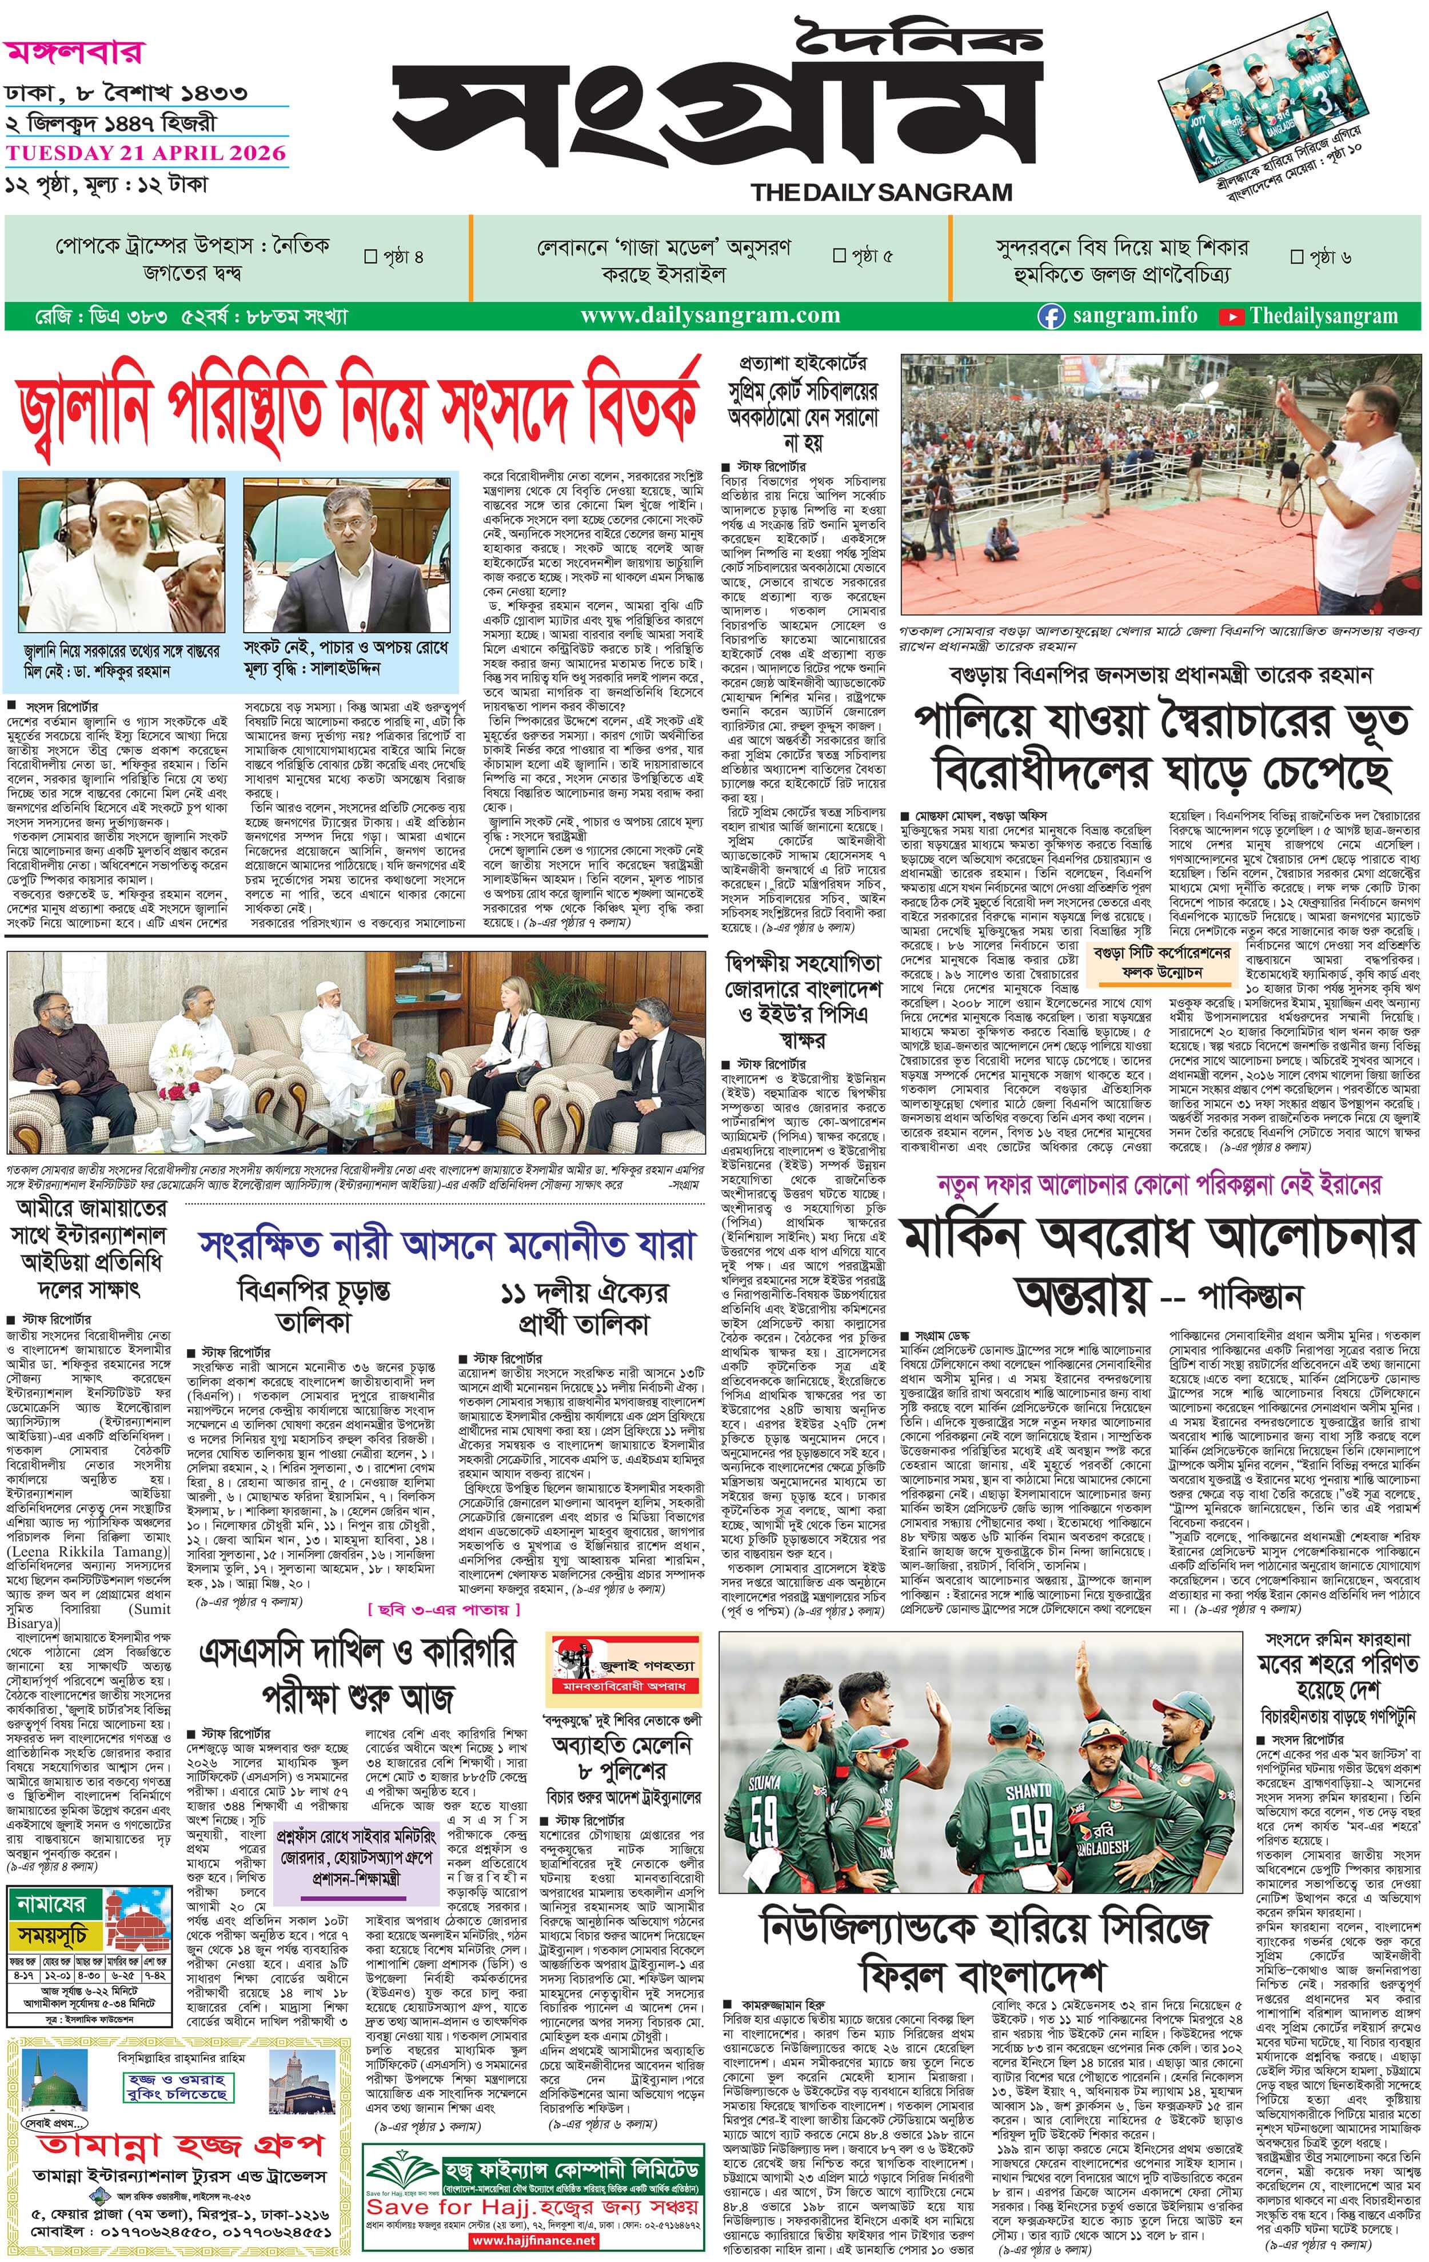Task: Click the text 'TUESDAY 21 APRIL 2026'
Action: coord(146,153)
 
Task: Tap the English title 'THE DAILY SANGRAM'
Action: coord(881,193)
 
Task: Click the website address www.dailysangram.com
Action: coord(710,316)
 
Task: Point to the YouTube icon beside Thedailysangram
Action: coord(1230,317)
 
